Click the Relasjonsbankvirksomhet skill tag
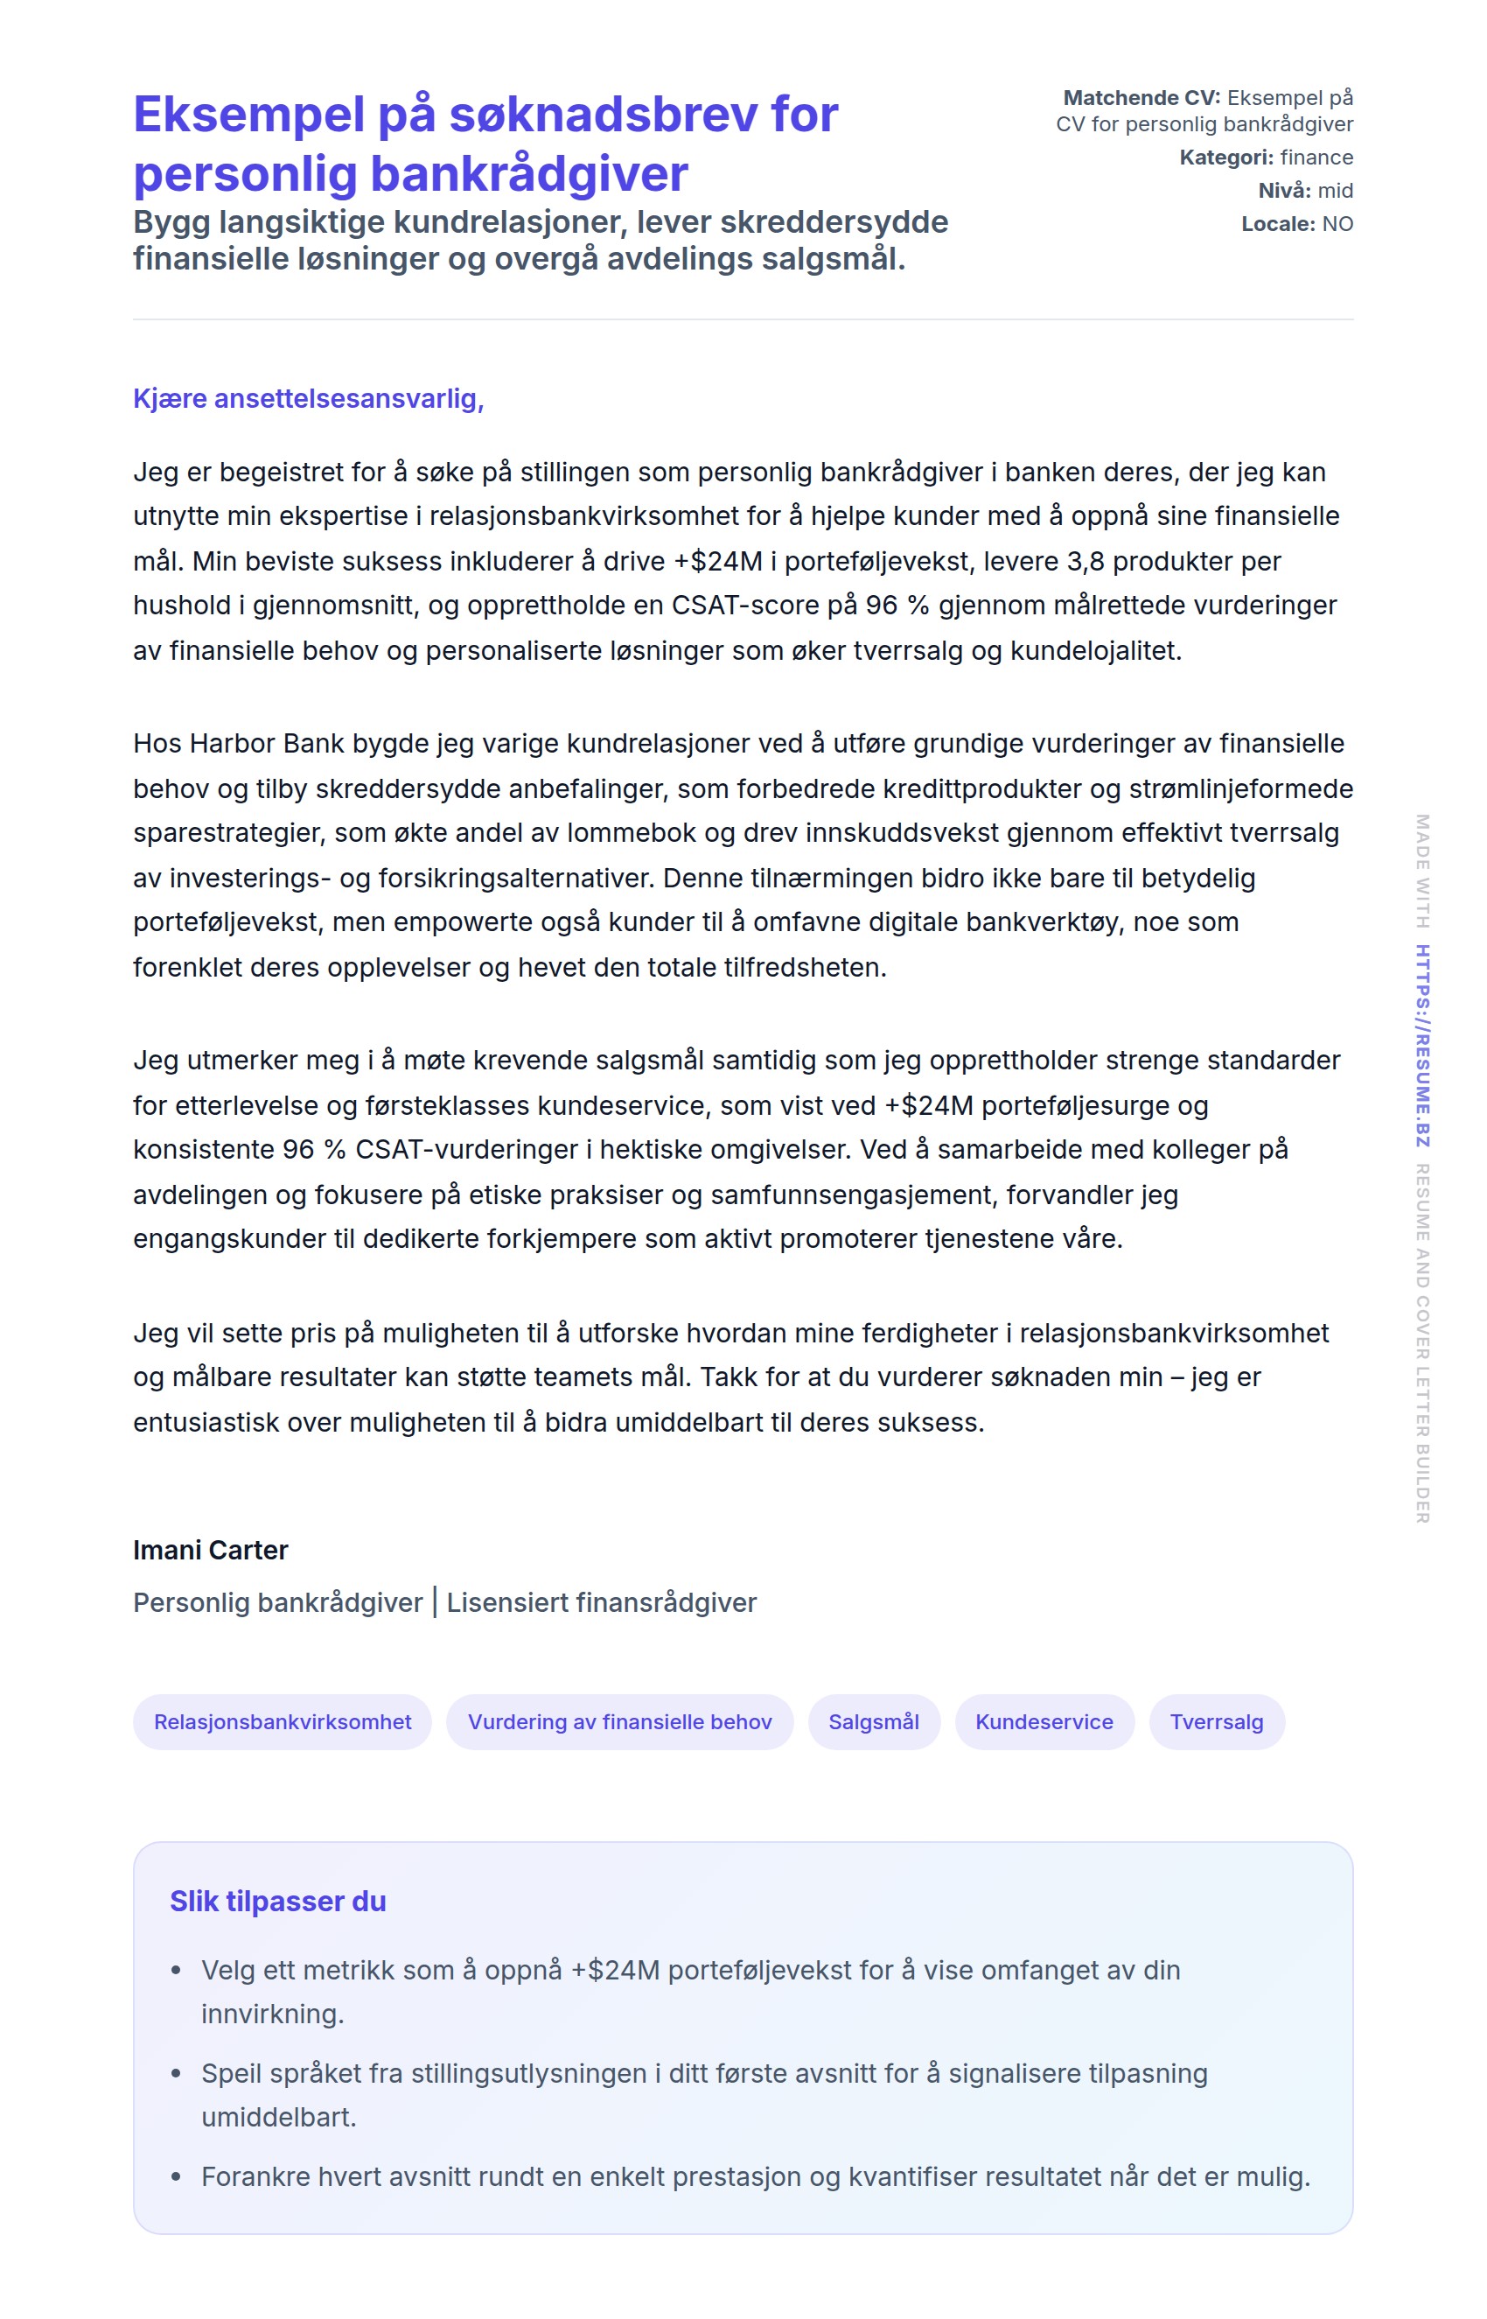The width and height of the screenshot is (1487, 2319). click(282, 1721)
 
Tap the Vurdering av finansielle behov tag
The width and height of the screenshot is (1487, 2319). click(619, 1721)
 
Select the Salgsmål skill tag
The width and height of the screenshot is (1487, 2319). click(873, 1721)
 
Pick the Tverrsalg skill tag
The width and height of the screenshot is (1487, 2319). click(1216, 1721)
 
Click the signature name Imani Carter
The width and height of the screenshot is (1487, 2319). click(211, 1550)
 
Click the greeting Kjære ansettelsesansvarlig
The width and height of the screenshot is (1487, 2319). click(308, 398)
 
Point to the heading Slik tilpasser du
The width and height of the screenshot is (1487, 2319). click(278, 1901)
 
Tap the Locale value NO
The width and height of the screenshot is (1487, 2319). click(1337, 224)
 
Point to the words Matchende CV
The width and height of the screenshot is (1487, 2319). click(1141, 97)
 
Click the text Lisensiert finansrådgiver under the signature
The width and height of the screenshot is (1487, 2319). click(601, 1602)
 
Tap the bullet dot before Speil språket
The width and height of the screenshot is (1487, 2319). click(176, 2074)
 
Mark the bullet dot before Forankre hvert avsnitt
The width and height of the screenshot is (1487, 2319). click(176, 2177)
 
